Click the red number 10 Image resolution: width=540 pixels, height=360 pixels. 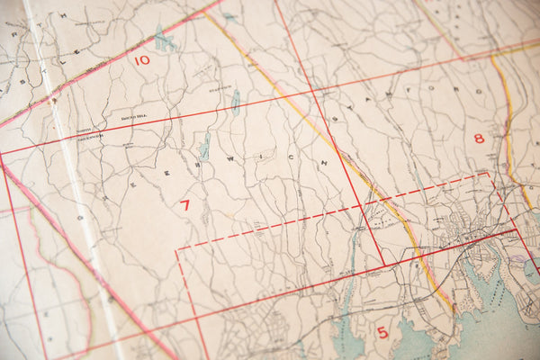[x=141, y=60]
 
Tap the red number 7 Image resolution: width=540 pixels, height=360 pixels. [x=184, y=205]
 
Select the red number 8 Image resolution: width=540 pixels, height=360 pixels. [x=479, y=138]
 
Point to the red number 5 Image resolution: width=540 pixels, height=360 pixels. [x=382, y=333]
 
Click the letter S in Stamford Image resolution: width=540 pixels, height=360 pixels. [x=337, y=118]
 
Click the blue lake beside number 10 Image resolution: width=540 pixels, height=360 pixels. [x=163, y=40]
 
